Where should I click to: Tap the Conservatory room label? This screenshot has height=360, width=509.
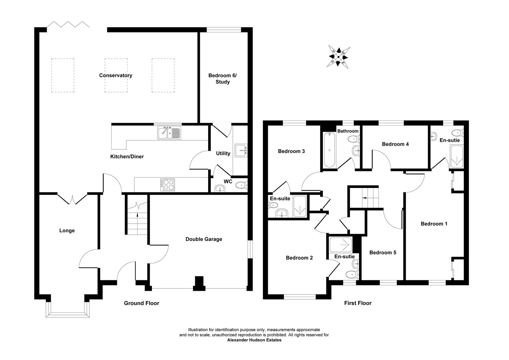tap(116, 75)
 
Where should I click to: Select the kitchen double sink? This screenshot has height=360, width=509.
tap(169, 133)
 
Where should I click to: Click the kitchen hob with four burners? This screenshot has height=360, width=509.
tap(168, 185)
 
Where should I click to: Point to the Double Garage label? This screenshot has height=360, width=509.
tap(204, 239)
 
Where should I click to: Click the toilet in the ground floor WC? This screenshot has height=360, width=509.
tap(241, 185)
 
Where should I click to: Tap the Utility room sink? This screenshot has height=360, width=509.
tap(241, 150)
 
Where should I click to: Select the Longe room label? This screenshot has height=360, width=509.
tap(67, 230)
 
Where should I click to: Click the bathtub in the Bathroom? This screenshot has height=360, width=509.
tap(329, 149)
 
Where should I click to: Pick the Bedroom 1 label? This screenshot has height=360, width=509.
tap(434, 224)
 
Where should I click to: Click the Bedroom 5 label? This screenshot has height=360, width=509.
tap(383, 252)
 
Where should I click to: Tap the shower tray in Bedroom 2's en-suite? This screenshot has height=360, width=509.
tap(340, 245)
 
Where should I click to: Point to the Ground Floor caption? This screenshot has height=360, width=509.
tap(142, 303)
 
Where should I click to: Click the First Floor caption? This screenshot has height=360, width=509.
tap(358, 303)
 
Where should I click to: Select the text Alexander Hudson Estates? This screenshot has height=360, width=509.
tap(254, 340)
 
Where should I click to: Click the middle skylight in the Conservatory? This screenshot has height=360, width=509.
tap(116, 75)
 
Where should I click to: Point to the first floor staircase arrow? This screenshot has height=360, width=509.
tap(366, 198)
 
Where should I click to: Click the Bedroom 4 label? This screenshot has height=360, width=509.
tap(395, 144)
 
